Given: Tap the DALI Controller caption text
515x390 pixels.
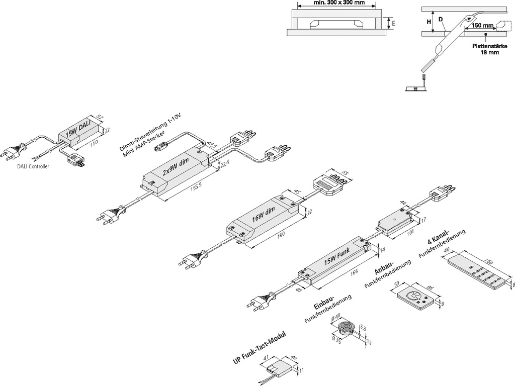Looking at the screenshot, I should pos(32,166).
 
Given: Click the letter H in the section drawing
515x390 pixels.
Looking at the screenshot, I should pos(429,22).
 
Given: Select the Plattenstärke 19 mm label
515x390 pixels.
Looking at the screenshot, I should pos(486,48).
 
